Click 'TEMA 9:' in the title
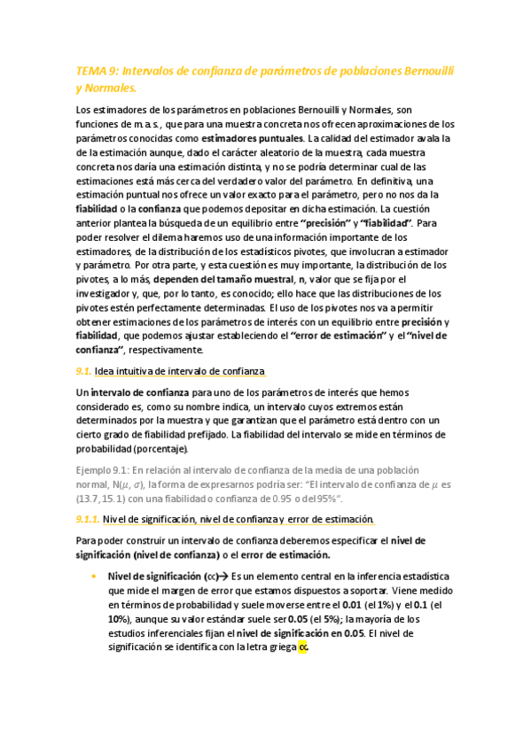[x=96, y=71]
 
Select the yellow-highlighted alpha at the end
[x=303, y=647]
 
